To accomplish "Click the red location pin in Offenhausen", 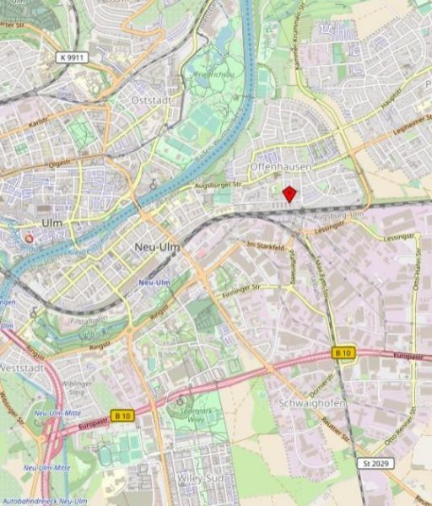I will (x=289, y=194).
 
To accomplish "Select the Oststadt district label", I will (x=152, y=100).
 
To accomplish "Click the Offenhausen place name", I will (x=281, y=168).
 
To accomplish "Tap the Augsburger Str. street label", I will (x=219, y=183).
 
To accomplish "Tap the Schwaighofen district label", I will (x=312, y=404).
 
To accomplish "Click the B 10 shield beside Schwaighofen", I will (x=343, y=352).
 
